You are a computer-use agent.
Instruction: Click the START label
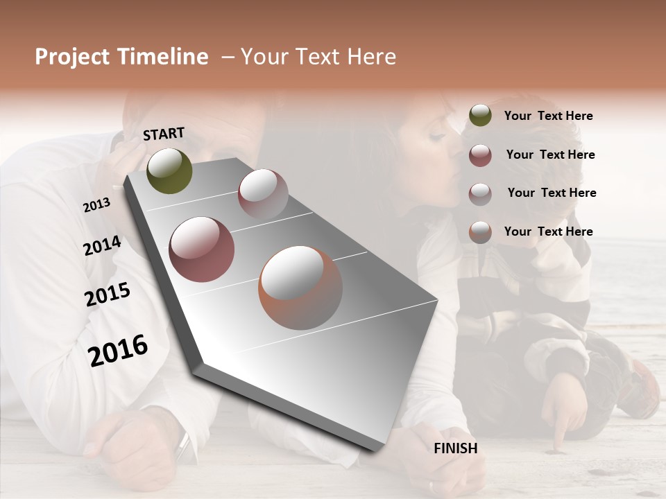click(164, 134)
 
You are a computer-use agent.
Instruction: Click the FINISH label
click(456, 448)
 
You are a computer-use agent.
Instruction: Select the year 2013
click(96, 205)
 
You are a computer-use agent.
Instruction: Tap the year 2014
click(102, 246)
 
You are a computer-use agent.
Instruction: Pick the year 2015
click(108, 295)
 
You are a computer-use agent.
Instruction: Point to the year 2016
click(118, 351)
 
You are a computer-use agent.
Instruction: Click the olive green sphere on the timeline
click(169, 170)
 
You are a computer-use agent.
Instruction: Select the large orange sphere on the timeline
click(300, 288)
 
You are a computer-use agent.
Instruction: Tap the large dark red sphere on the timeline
click(201, 249)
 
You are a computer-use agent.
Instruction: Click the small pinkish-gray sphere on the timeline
click(263, 193)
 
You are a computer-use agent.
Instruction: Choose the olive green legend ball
click(480, 116)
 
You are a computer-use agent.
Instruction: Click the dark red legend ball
click(480, 155)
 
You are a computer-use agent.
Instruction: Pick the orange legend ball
click(480, 232)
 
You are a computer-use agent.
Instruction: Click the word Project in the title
click(72, 57)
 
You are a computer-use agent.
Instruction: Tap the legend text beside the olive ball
click(548, 116)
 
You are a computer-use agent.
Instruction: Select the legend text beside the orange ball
click(548, 231)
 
